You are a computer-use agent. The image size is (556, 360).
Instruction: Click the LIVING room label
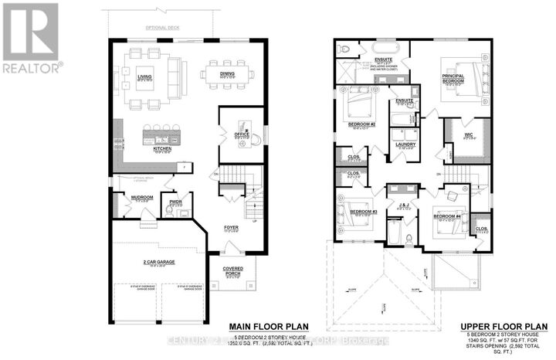point(144,76)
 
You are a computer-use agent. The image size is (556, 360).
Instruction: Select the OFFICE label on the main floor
point(242,134)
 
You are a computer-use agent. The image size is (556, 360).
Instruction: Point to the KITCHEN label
point(161,148)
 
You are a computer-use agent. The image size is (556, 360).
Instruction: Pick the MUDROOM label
point(142,198)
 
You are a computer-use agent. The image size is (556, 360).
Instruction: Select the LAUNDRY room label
point(405,143)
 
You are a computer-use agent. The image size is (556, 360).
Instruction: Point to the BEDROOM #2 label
point(361,124)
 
